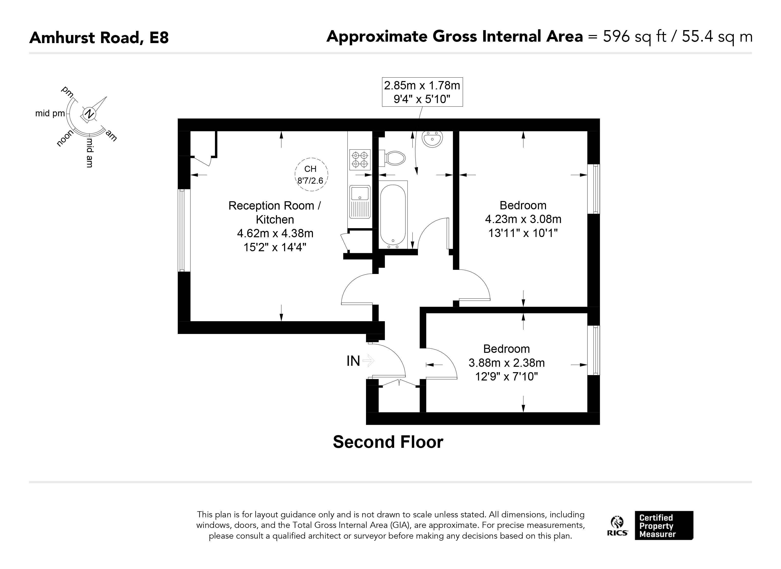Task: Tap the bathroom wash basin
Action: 432,139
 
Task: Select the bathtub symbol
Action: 393,214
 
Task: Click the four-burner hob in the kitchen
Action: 360,159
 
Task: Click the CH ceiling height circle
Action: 311,174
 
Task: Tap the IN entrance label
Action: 353,361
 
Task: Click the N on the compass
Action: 89,114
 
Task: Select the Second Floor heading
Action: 388,442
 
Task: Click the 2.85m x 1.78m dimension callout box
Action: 422,92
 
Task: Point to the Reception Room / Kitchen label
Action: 275,213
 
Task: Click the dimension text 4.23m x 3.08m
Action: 523,219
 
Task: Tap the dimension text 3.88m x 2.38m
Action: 507,363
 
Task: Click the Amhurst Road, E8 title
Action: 99,37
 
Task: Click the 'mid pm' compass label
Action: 50,114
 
